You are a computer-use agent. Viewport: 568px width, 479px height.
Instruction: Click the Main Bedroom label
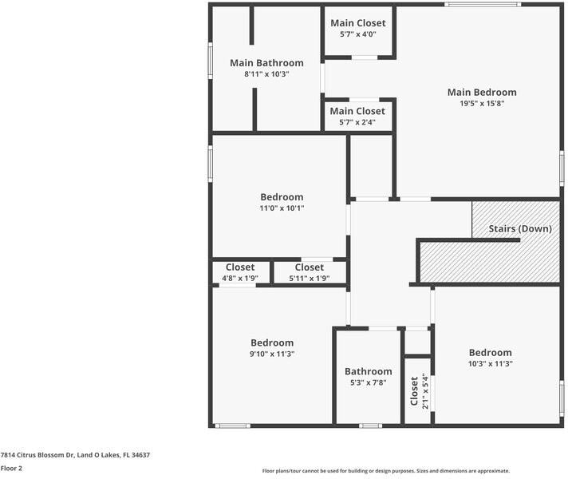[x=482, y=92]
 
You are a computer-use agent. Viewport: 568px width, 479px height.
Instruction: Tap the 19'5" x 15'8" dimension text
[x=482, y=103]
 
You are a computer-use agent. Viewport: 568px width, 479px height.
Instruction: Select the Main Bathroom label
[x=266, y=63]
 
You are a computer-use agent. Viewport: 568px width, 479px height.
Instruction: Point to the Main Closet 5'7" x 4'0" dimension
[x=358, y=34]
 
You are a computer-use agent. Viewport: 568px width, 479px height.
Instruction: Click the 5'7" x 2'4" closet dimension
[x=357, y=122]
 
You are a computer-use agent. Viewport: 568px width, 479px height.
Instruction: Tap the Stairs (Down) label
[x=520, y=229]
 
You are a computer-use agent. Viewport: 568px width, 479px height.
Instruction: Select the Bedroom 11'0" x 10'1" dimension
[x=282, y=208]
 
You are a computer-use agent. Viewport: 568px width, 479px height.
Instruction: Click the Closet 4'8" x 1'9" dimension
[x=240, y=278]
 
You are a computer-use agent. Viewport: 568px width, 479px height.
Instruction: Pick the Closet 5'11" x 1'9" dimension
[x=309, y=278]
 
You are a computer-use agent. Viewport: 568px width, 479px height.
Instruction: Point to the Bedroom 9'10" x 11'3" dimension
[x=272, y=354]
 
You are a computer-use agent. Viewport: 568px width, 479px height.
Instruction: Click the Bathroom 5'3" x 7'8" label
[x=368, y=371]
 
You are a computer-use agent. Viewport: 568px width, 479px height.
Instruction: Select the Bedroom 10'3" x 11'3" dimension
[x=490, y=364]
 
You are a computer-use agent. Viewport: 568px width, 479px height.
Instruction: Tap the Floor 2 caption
[x=11, y=468]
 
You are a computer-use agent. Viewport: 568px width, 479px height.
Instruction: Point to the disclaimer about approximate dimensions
[x=386, y=471]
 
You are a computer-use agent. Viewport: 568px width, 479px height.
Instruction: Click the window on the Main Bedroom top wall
[x=483, y=4]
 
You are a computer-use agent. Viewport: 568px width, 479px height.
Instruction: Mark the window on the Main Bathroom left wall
[x=210, y=61]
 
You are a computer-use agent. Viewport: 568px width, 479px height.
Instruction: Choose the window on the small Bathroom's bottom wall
[x=370, y=426]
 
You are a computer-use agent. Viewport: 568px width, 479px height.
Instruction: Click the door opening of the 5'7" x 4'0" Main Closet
[x=365, y=57]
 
